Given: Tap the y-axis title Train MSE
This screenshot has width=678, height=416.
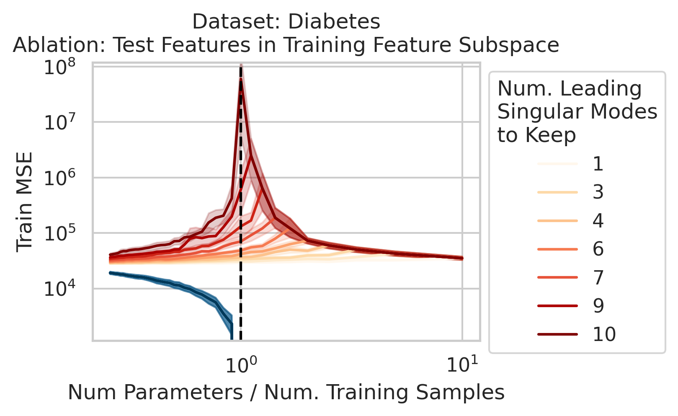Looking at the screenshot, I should (x=25, y=203).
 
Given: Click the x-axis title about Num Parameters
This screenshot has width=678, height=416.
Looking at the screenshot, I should (x=286, y=393).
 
